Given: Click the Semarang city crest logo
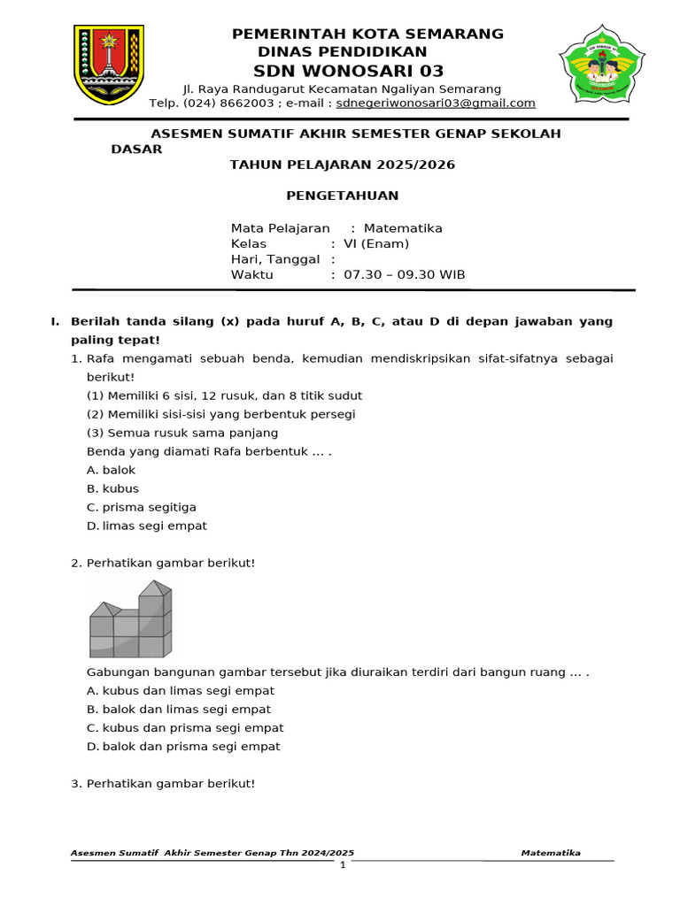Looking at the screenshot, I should coord(109,65).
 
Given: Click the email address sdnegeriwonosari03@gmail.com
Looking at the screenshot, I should coord(436,103).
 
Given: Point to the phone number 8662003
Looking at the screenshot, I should coord(246,103).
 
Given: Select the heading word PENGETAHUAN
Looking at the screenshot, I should coord(342,196).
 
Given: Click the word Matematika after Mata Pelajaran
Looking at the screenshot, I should coord(403,228).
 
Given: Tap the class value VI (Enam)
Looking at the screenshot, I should coord(376,244).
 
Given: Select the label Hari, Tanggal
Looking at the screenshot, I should coord(275,259).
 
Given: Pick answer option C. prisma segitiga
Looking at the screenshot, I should coord(142,507).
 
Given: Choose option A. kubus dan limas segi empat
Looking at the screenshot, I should coord(181,690).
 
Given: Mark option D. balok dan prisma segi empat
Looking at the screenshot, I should coord(183,746).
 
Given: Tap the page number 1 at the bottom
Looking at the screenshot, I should coord(343,864).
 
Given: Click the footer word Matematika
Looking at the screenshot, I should coord(551,853).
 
